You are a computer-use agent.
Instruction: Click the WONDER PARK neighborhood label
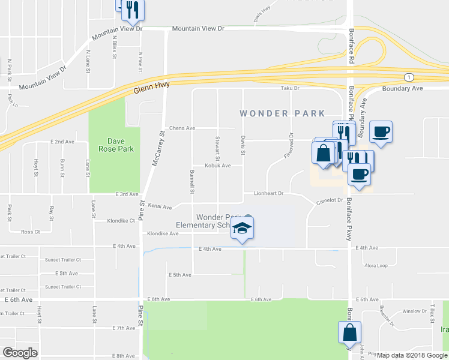point(282,113)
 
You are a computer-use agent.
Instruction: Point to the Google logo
point(20,352)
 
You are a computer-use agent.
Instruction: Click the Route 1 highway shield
point(409,77)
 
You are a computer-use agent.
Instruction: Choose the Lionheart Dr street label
point(268,194)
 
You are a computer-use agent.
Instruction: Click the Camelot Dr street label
point(330,200)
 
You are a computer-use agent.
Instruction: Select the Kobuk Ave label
point(217,166)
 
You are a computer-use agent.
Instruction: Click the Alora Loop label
point(376,265)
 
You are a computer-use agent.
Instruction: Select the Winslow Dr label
point(414,311)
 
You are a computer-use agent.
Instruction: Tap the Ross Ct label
point(30,232)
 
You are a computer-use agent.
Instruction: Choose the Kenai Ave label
point(160,206)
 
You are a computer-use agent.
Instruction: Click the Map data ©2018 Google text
point(412,355)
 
